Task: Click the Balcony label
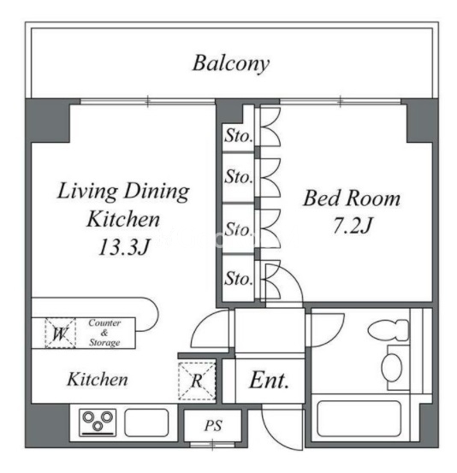231,63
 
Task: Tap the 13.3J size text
124,246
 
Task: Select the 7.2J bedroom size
353,225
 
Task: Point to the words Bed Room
352,198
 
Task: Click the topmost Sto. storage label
238,136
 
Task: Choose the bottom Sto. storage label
238,279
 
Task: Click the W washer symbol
61,333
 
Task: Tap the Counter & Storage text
104,333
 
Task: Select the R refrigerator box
197,381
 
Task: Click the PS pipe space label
213,426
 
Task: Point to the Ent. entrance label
269,381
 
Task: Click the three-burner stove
98,423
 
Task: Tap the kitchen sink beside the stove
146,423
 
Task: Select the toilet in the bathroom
389,330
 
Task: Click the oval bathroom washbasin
392,368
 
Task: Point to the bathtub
359,418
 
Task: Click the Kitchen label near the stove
98,379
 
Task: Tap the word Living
87,191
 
